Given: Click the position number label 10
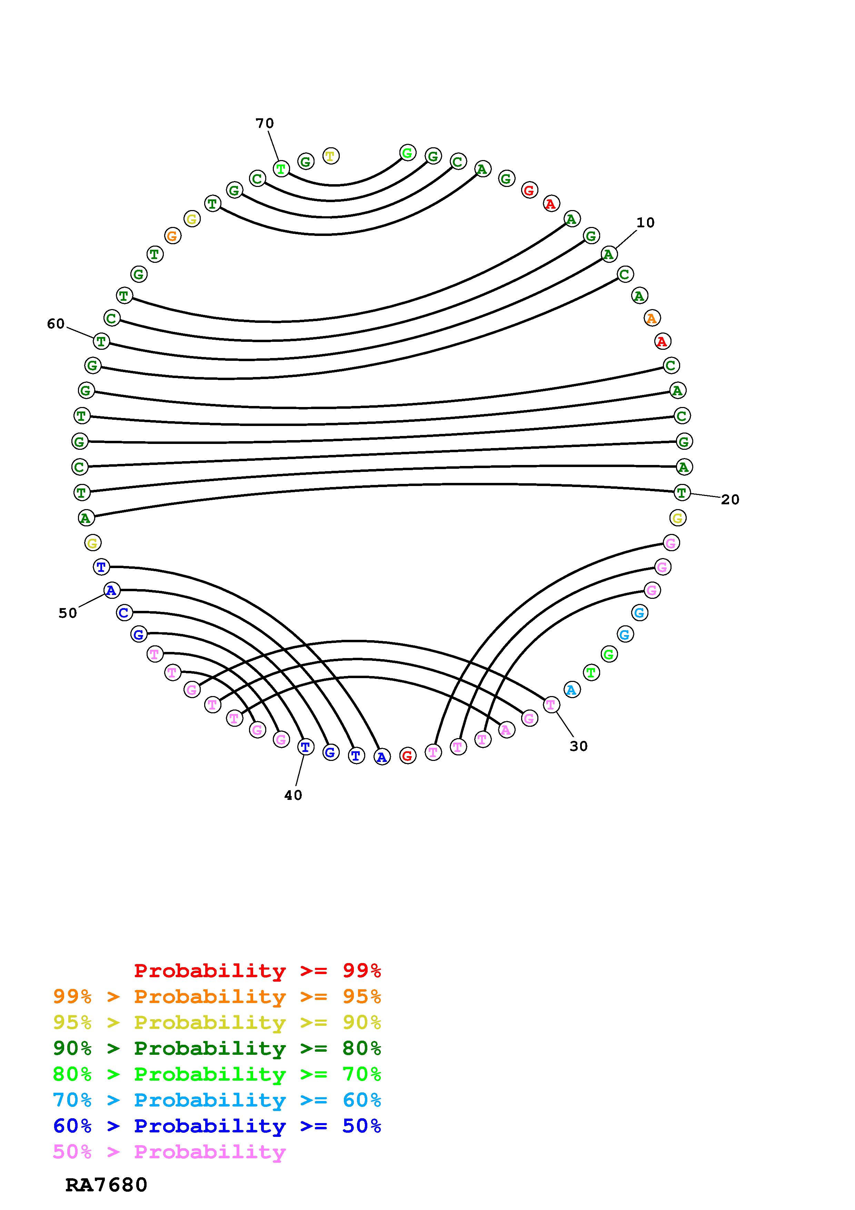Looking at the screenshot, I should (645, 223).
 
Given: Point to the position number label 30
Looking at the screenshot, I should (578, 746).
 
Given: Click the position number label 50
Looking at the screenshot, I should (68, 613).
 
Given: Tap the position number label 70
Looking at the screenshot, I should (265, 123).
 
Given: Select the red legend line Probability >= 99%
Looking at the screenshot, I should (258, 970).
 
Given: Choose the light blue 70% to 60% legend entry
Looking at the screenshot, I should (217, 1100).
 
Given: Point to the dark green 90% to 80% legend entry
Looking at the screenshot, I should (217, 1049).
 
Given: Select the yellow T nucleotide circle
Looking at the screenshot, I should (330, 156).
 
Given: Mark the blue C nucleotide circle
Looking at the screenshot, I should (124, 613).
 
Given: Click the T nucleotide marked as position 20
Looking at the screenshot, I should (682, 493).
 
